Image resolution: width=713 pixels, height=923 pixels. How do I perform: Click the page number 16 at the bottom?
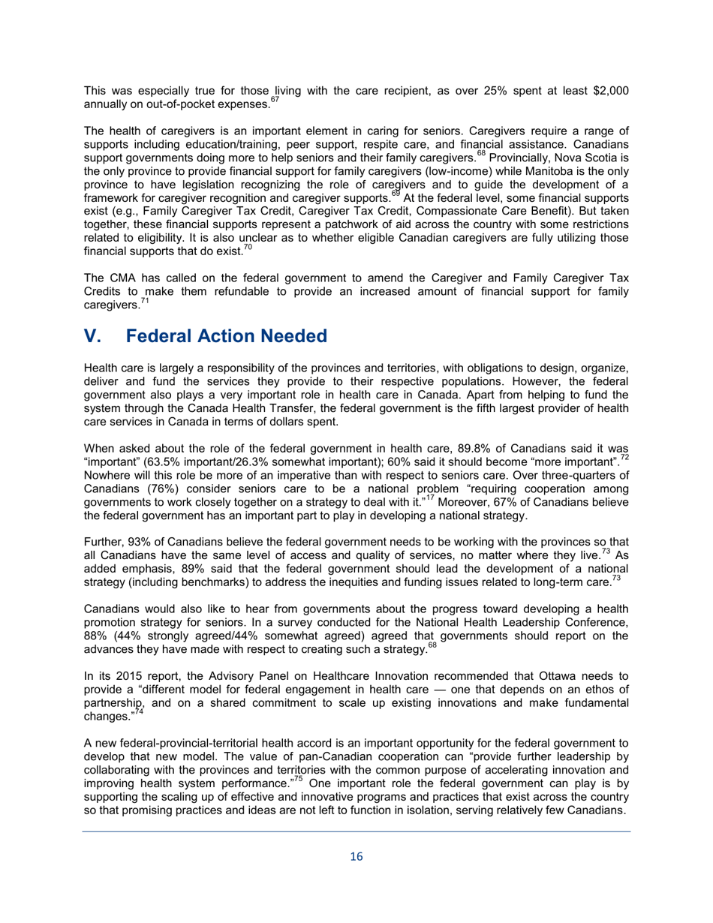point(356,858)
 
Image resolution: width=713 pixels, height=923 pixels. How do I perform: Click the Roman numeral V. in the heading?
point(95,336)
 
